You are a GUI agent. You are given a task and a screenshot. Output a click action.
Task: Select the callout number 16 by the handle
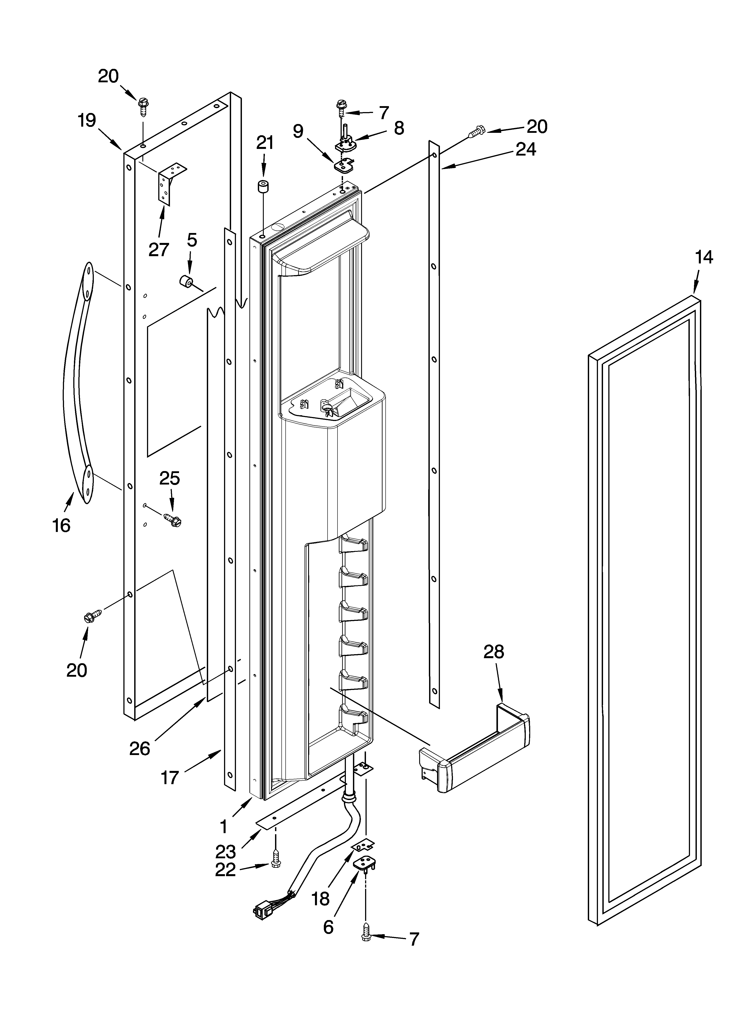coord(61,525)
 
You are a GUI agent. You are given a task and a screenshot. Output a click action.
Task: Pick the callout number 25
coord(170,478)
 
